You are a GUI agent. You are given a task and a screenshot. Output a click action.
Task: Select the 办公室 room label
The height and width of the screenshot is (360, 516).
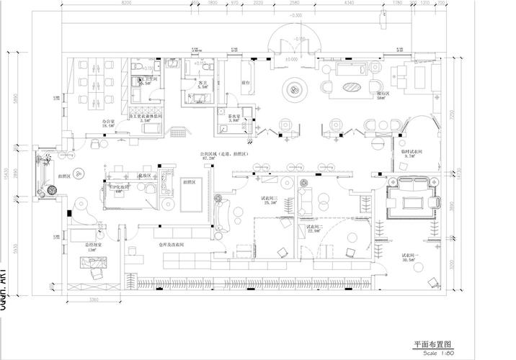tap(108, 122)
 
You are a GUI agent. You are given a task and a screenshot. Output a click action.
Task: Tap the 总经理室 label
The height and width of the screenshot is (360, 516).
tap(94, 245)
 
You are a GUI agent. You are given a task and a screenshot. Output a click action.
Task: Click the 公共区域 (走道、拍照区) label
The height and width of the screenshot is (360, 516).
tap(224, 154)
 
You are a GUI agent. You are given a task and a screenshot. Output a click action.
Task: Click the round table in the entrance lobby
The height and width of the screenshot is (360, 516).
tap(295, 89)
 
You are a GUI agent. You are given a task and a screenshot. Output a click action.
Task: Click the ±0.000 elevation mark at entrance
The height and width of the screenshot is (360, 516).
tap(291, 59)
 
